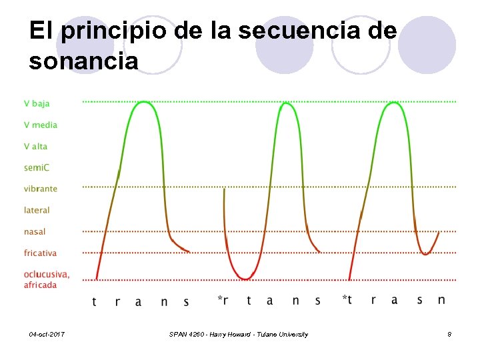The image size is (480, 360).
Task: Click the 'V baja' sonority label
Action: pyautogui.click(x=37, y=103)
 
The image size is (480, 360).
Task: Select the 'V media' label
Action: pyautogui.click(x=41, y=125)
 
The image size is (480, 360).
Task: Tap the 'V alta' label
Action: pyautogui.click(x=36, y=146)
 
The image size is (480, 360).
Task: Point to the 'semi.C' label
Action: pyautogui.click(x=36, y=167)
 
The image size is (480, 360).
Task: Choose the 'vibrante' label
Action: pyautogui.click(x=41, y=189)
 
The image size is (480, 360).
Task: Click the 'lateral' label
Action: pyautogui.click(x=37, y=210)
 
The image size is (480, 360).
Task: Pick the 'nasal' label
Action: pyautogui.click(x=35, y=231)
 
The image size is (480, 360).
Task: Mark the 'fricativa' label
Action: pyautogui.click(x=40, y=253)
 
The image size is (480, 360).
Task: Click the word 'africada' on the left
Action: pyautogui.click(x=40, y=285)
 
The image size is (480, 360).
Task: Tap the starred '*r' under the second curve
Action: pyautogui.click(x=223, y=300)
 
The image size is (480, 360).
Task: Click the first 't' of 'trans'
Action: pyautogui.click(x=94, y=301)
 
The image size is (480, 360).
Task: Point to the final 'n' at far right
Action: pyautogui.click(x=441, y=300)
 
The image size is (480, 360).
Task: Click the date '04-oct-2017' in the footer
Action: pyautogui.click(x=47, y=334)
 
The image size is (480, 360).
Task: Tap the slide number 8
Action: pyautogui.click(x=449, y=334)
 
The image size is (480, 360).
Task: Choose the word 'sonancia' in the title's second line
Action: pyautogui.click(x=84, y=61)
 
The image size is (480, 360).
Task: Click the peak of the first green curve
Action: pyautogui.click(x=143, y=102)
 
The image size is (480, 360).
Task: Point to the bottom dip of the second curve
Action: pyautogui.click(x=247, y=278)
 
